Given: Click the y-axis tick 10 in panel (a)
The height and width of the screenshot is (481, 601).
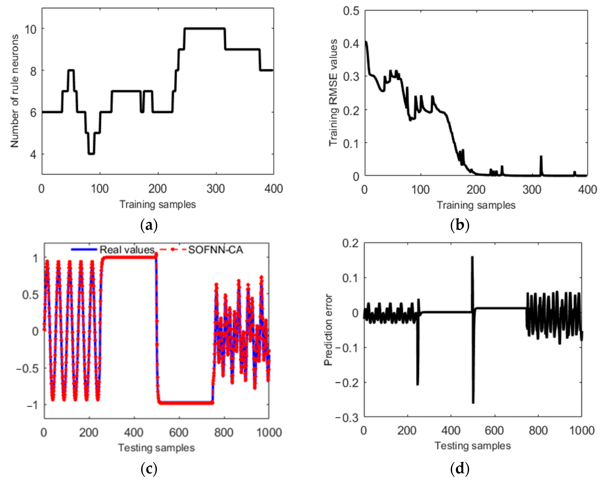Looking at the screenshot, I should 31,29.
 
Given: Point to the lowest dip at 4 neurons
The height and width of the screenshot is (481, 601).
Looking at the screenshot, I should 91,153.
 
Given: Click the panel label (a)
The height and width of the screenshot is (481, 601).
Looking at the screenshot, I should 149,225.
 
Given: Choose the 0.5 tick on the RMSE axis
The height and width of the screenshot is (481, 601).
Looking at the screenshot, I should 351,11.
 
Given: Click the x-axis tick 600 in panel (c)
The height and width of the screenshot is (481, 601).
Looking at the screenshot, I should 179,433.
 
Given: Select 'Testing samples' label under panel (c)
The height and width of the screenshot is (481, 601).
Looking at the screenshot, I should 156,448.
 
